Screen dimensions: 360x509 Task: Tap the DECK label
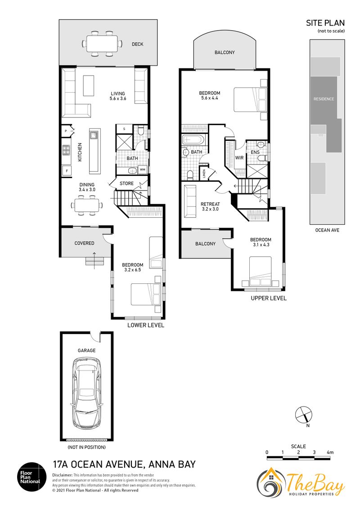coord(137,44)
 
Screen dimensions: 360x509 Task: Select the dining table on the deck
coord(102,43)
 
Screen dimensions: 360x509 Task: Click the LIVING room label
coord(117,94)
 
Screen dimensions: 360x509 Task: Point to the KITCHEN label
coord(80,152)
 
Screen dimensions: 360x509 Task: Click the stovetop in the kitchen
coord(66,150)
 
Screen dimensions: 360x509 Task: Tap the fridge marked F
coord(67,170)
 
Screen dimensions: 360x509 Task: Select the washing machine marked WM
coord(142,170)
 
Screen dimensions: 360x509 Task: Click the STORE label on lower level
coord(126,183)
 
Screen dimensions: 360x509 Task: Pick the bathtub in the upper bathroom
coord(193,141)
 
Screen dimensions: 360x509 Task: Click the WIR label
coord(239,158)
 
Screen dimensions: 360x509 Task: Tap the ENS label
coord(255,152)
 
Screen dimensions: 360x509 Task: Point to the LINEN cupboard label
coord(204,173)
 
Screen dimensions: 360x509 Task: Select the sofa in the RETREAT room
coord(190,201)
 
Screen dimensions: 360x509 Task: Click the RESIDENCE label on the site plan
coord(324,98)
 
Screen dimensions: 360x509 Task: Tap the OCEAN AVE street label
coord(327,230)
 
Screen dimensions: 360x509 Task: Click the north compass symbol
coord(303,415)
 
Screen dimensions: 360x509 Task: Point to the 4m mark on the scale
coord(330,452)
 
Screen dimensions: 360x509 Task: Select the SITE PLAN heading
coord(325,23)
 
